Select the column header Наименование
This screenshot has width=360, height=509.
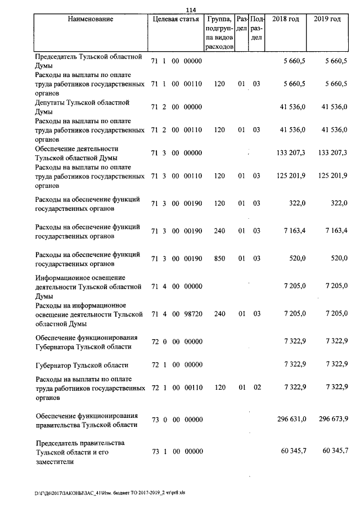tap(90, 19)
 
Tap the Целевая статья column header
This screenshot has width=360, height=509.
tap(175, 19)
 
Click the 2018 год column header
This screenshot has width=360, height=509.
tap(285, 19)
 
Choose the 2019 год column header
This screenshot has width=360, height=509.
tap(327, 19)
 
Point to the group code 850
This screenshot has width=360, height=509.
tap(219, 259)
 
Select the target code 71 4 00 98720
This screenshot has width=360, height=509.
tap(177, 313)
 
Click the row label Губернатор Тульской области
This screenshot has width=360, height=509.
tap(82, 365)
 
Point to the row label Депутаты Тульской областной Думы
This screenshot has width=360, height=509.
tap(82, 107)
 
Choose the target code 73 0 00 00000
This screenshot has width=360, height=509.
tap(177, 419)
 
